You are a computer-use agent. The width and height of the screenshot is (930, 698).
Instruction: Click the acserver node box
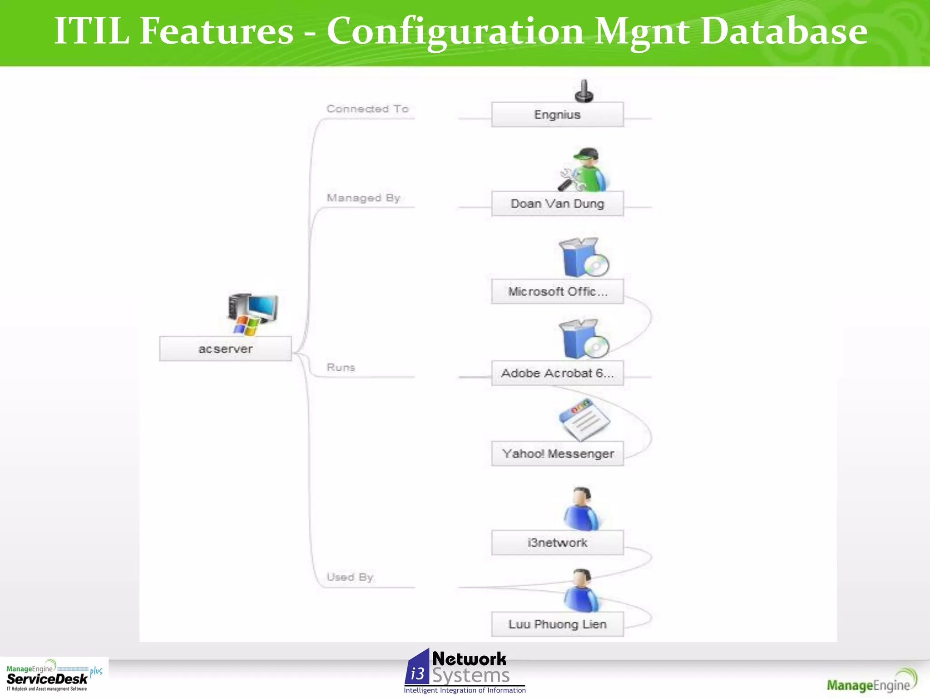click(225, 349)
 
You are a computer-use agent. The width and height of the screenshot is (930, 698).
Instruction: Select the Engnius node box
click(557, 115)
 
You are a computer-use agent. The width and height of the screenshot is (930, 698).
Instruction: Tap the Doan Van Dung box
click(557, 204)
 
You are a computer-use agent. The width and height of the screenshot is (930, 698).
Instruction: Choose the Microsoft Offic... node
click(557, 291)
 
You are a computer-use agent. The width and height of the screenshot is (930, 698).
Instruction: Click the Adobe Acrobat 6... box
click(557, 373)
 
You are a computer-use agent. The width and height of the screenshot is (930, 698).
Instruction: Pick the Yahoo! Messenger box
click(557, 454)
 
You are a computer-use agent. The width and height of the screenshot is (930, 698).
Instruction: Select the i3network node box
click(557, 543)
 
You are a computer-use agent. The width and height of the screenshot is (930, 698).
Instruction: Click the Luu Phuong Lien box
click(557, 624)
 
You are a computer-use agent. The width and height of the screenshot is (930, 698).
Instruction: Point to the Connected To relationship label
click(367, 109)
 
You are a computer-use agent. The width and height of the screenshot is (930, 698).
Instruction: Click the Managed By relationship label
click(363, 198)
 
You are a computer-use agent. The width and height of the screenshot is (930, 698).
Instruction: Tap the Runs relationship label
click(341, 367)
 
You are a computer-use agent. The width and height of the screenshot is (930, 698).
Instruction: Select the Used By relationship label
click(350, 577)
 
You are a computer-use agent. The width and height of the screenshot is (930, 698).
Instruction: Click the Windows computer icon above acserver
click(252, 314)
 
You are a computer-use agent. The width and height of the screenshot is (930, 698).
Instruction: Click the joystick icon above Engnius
click(584, 91)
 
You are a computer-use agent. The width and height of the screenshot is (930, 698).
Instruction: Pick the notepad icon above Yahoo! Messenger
click(584, 419)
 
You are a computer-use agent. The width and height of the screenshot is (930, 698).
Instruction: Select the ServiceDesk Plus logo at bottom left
click(54, 676)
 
